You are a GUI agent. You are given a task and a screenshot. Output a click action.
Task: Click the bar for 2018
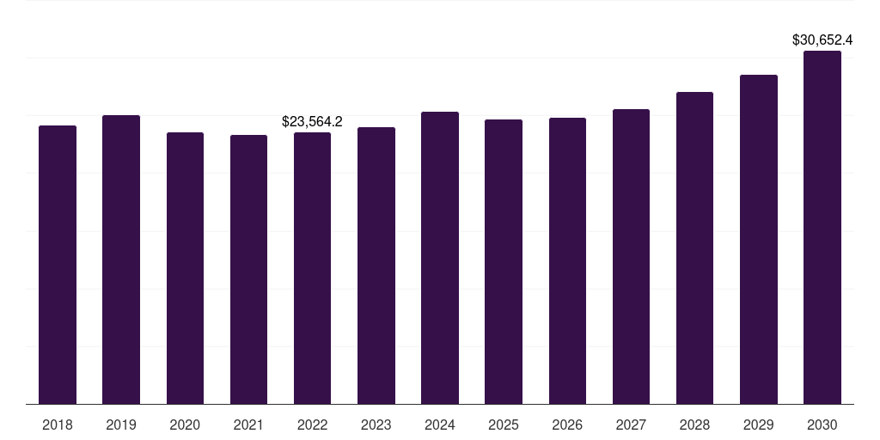click(x=58, y=265)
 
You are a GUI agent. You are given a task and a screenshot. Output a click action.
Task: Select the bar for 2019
click(x=121, y=260)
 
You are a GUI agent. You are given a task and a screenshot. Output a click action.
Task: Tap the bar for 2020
click(x=185, y=268)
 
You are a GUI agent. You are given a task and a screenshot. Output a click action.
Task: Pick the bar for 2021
click(x=248, y=269)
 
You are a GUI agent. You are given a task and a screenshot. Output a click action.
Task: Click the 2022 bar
click(x=312, y=268)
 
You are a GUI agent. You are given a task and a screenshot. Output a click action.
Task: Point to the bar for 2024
click(x=440, y=258)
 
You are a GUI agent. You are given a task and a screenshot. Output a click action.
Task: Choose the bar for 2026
click(x=567, y=260)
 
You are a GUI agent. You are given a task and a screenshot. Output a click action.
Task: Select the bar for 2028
click(x=694, y=247)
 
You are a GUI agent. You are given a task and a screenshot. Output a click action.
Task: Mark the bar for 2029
click(x=758, y=239)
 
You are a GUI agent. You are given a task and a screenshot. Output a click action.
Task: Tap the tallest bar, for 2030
click(x=822, y=227)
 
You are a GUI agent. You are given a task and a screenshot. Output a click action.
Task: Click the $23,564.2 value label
click(x=312, y=122)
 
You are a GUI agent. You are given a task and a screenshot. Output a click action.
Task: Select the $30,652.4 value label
click(x=822, y=40)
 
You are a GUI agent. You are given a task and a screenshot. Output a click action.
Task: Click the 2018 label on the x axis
click(x=58, y=425)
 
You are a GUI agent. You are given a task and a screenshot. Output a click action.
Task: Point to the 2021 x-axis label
click(x=248, y=425)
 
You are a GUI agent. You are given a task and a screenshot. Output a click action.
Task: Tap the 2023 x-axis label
click(x=376, y=425)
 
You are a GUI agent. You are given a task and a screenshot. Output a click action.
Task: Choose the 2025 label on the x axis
click(x=504, y=425)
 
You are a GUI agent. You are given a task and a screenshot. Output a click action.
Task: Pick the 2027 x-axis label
click(x=631, y=425)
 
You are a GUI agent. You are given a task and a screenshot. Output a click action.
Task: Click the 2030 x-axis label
click(x=822, y=425)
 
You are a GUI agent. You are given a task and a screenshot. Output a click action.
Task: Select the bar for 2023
click(x=376, y=266)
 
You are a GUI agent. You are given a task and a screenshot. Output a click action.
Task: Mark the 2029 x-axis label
click(x=758, y=425)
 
